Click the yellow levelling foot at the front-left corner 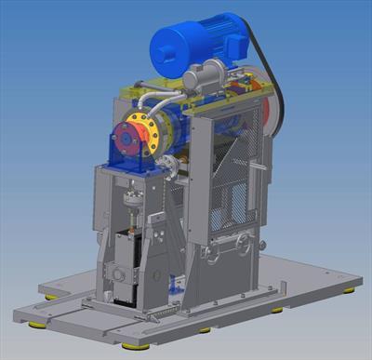tap(38, 325)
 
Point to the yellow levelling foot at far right tap(348, 291)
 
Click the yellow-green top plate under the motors tap(186, 95)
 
